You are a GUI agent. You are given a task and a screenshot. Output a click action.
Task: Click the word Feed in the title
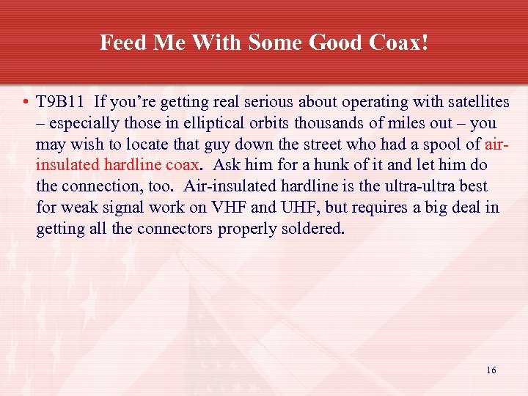click(120, 43)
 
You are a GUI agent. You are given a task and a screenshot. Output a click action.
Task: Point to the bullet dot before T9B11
click(25, 102)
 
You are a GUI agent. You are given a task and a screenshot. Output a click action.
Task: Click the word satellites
click(460, 102)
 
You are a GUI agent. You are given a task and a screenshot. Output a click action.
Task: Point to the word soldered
click(307, 229)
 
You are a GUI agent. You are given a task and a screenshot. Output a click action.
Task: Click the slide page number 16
click(491, 370)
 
